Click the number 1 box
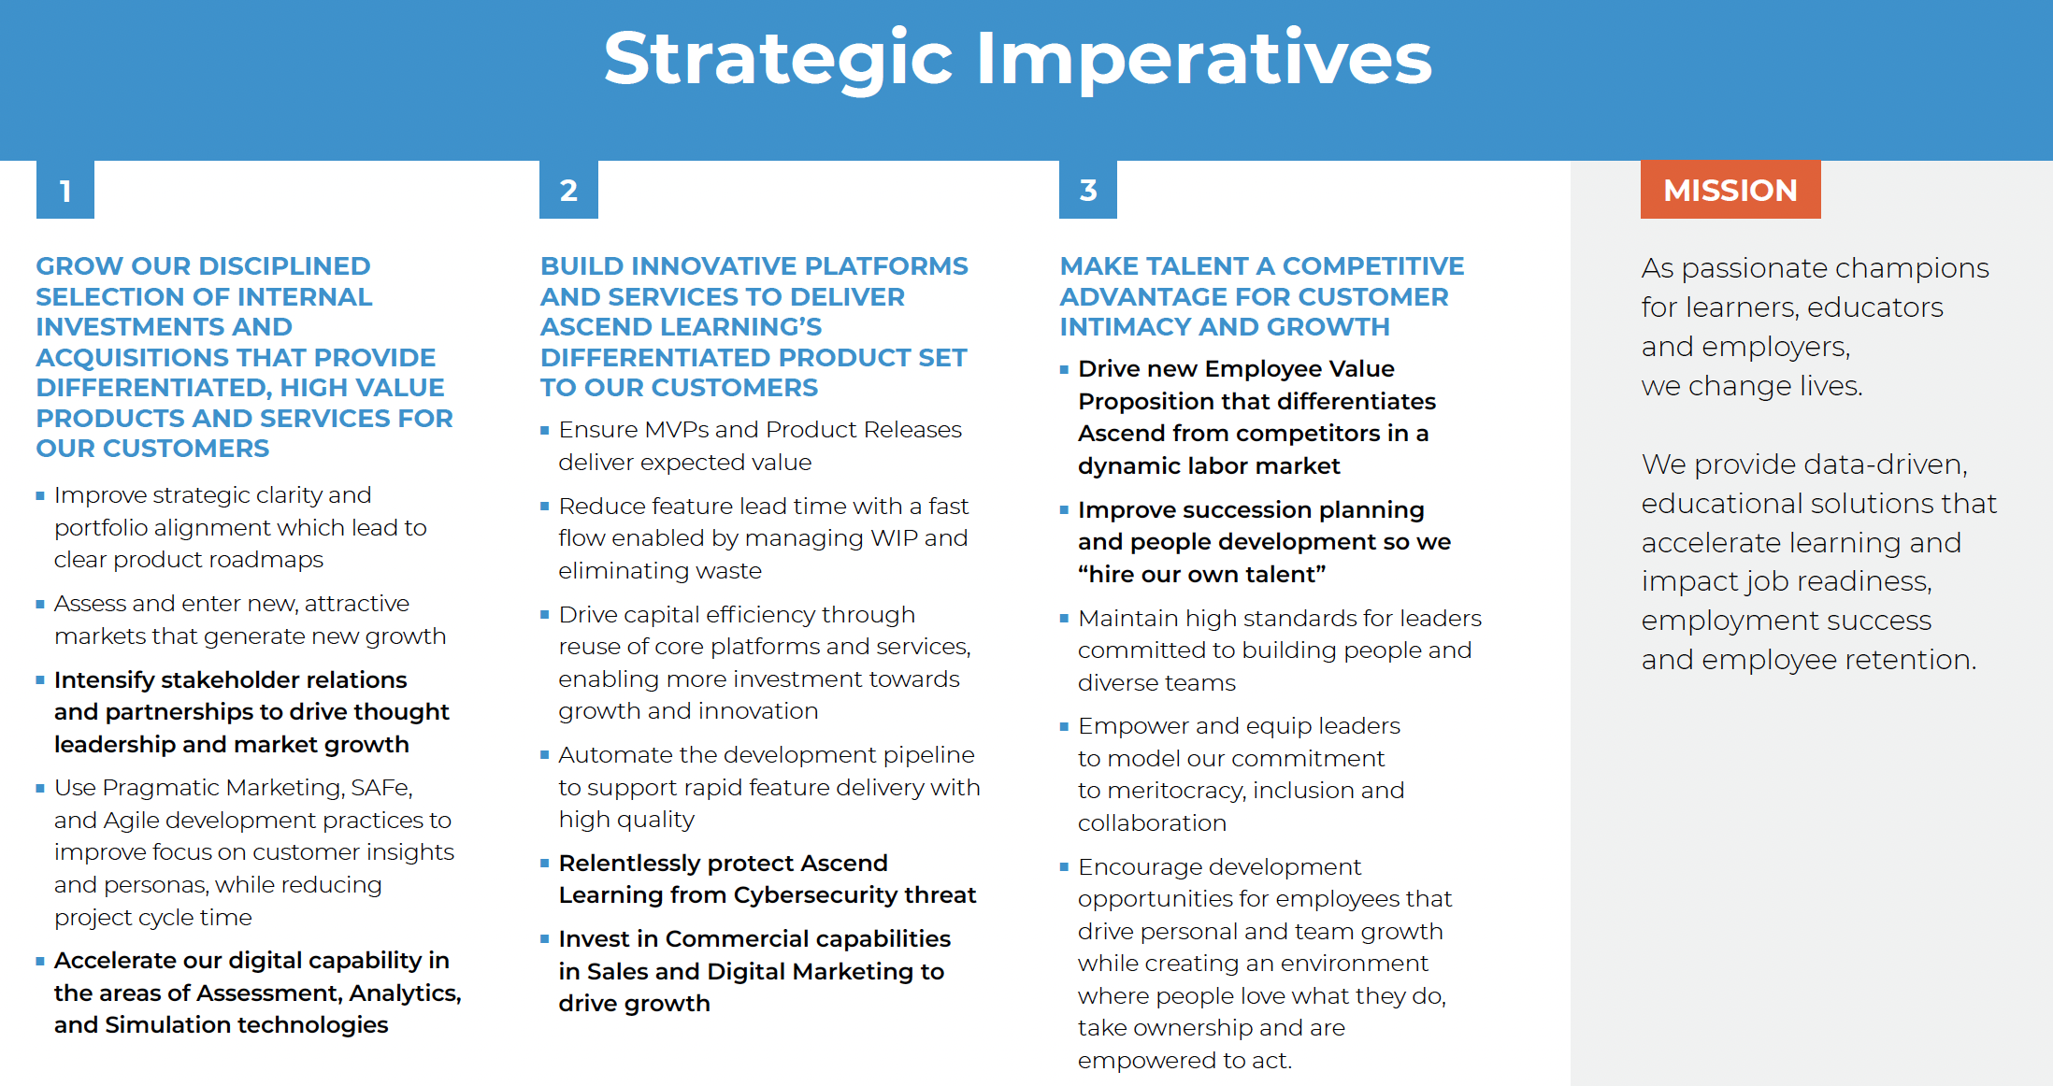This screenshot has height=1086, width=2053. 65,190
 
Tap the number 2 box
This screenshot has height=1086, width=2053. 568,190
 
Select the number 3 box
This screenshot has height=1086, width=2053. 1088,190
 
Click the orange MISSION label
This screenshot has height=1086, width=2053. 1730,190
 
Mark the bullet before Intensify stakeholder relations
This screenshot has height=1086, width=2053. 40,679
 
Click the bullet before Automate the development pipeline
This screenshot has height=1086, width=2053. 544,754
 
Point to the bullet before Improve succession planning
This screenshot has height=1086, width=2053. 1064,509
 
